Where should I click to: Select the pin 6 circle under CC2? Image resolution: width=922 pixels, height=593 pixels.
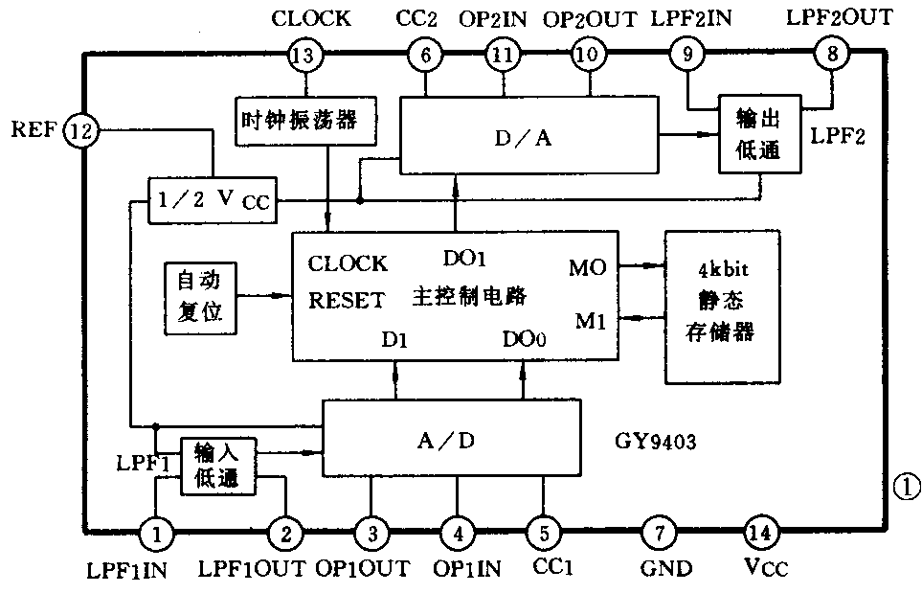click(x=425, y=55)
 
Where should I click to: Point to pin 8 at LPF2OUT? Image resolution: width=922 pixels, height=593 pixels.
click(x=830, y=55)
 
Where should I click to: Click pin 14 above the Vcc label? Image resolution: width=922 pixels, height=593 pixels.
click(x=762, y=530)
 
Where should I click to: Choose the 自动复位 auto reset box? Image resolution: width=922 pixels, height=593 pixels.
click(x=199, y=298)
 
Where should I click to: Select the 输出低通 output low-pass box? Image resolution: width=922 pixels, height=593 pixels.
click(x=758, y=134)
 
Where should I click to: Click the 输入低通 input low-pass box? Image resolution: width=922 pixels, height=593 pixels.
click(x=220, y=466)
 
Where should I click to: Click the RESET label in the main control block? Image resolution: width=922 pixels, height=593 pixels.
click(x=347, y=301)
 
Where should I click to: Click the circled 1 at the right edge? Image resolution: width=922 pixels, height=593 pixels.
click(x=905, y=487)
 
